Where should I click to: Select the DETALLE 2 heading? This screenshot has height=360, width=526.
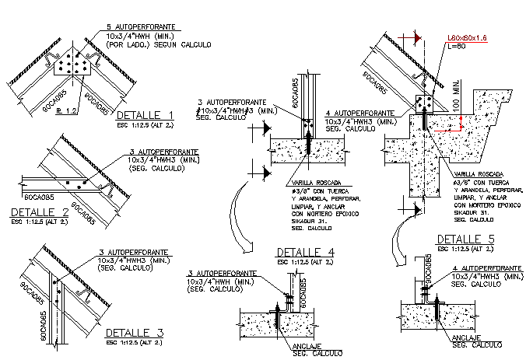[x=40, y=211]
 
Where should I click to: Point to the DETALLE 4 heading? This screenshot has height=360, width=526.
[x=306, y=253]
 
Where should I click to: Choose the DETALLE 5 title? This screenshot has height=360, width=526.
[x=466, y=239]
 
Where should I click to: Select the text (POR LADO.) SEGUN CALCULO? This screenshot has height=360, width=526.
[x=159, y=45]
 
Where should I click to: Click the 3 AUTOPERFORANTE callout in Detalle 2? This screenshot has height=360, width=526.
[x=165, y=152]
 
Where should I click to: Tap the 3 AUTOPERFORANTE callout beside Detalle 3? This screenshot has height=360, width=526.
[x=134, y=253]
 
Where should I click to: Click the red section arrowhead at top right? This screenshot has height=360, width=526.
[x=417, y=37]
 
